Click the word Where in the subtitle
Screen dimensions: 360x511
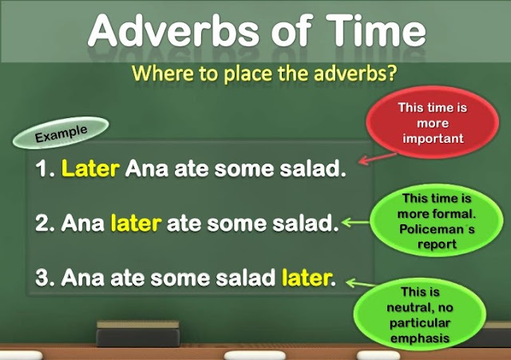(159, 74)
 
